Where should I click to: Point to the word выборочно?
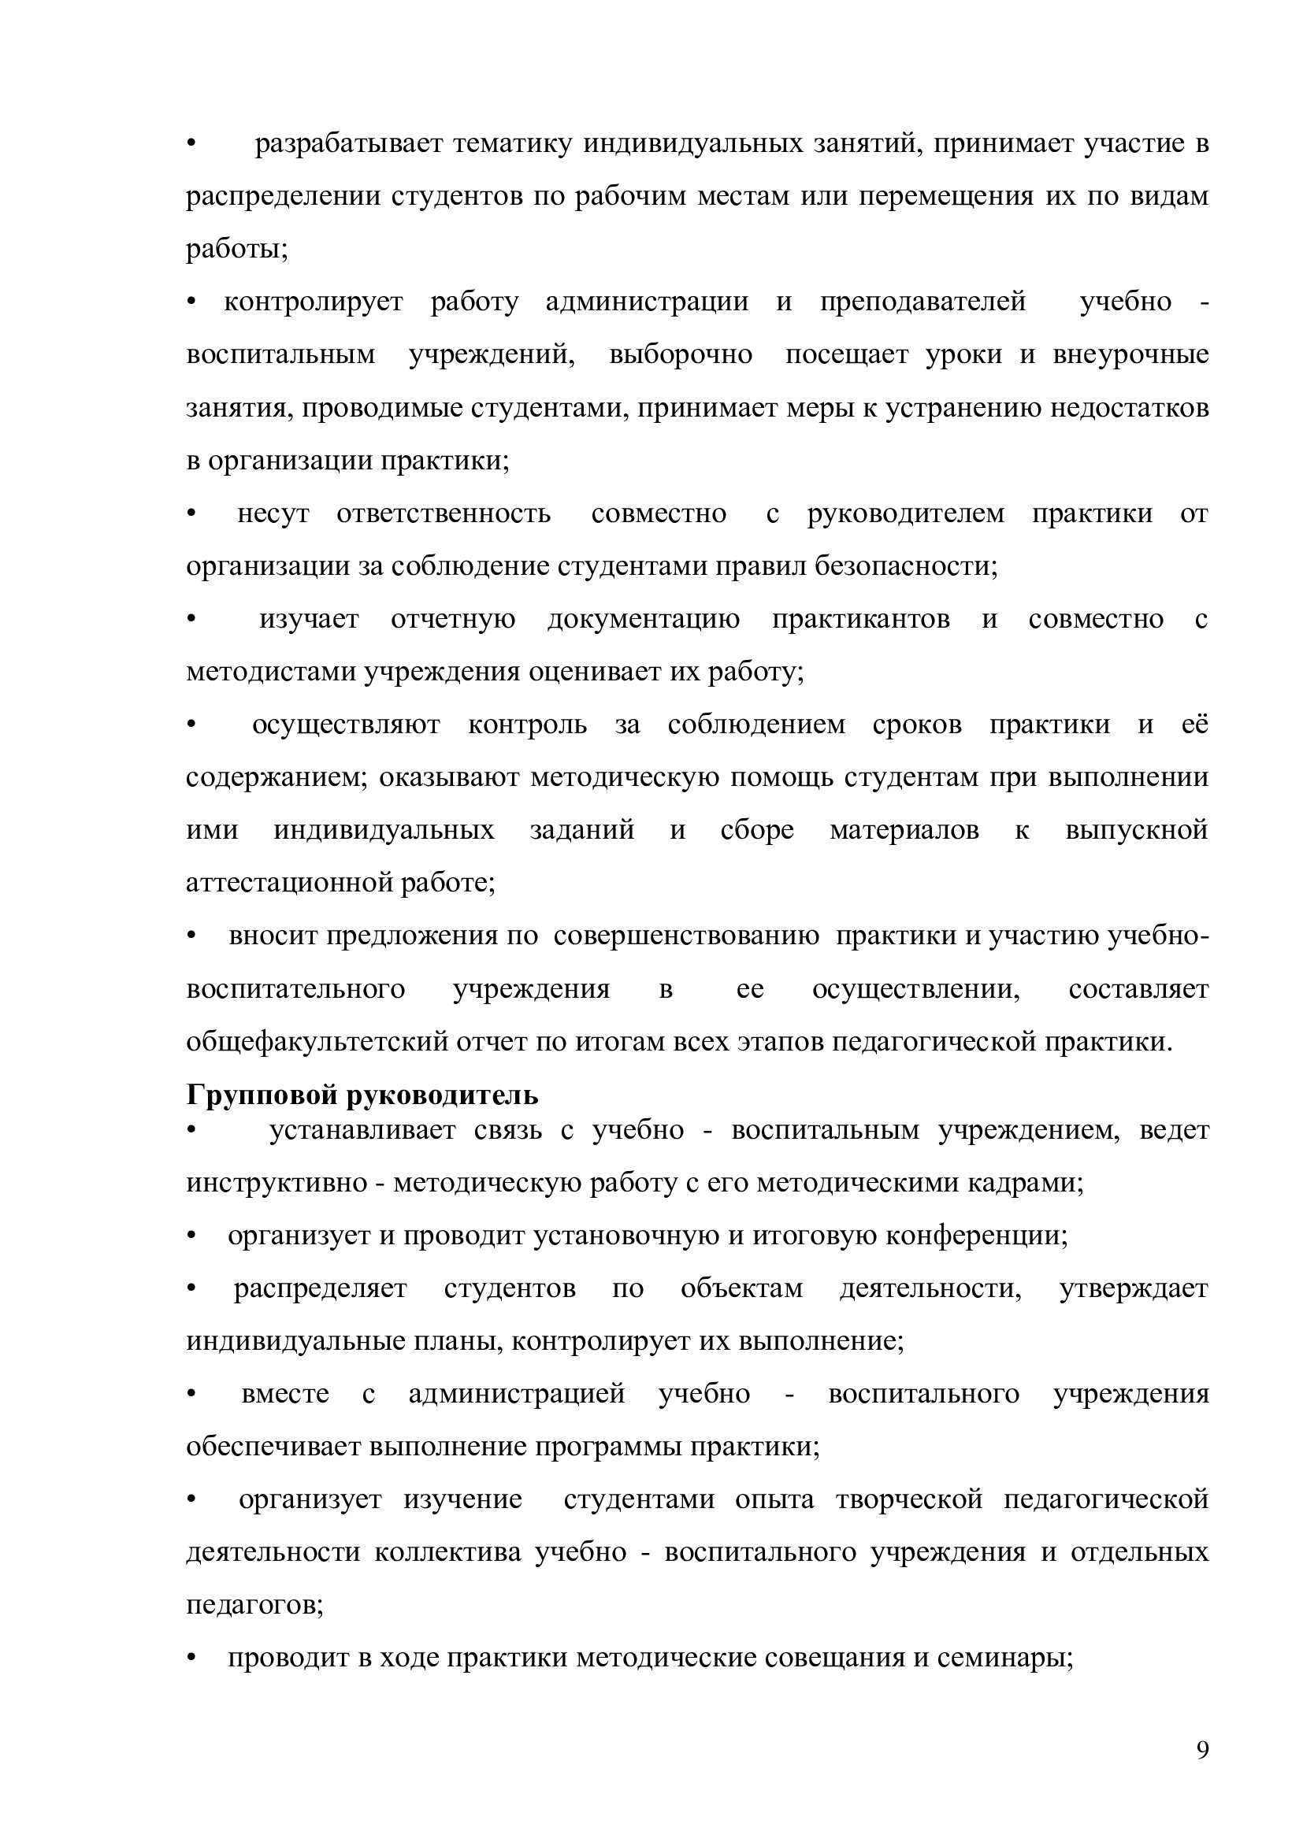point(681,354)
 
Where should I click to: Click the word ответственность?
point(444,513)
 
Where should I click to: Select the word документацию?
point(644,619)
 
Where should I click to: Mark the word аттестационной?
point(289,884)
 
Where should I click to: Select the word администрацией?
point(517,1395)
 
